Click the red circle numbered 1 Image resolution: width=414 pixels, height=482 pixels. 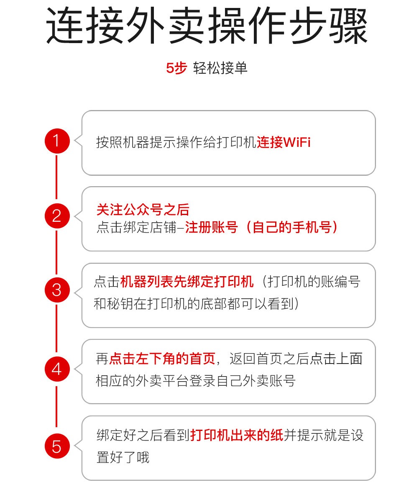[x=57, y=141]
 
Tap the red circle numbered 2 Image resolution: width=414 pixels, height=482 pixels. [x=57, y=216]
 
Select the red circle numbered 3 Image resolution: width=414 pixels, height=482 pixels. [x=57, y=290]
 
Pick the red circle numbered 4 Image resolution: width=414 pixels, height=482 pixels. [x=57, y=369]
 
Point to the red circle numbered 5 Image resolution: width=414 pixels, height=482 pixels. [x=57, y=446]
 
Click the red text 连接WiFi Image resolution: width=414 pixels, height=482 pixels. [x=284, y=142]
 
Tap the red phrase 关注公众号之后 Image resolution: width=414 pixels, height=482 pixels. [x=143, y=210]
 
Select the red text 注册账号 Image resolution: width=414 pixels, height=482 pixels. [x=211, y=228]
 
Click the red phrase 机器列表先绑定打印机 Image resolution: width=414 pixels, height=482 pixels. [x=187, y=282]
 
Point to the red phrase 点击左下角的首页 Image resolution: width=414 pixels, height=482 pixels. [x=163, y=359]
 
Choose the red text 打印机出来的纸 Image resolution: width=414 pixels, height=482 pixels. [x=237, y=435]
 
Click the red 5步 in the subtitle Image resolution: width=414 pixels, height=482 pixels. [x=176, y=68]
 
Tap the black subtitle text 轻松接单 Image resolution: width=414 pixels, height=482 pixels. [x=220, y=68]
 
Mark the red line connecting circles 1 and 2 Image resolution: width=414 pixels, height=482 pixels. [x=56, y=177]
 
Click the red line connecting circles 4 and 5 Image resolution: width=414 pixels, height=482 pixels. [x=56, y=406]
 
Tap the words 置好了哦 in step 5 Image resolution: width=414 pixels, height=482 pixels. [x=123, y=457]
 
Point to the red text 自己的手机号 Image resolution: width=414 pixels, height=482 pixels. [x=292, y=228]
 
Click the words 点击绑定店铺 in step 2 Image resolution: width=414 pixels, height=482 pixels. [x=136, y=228]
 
